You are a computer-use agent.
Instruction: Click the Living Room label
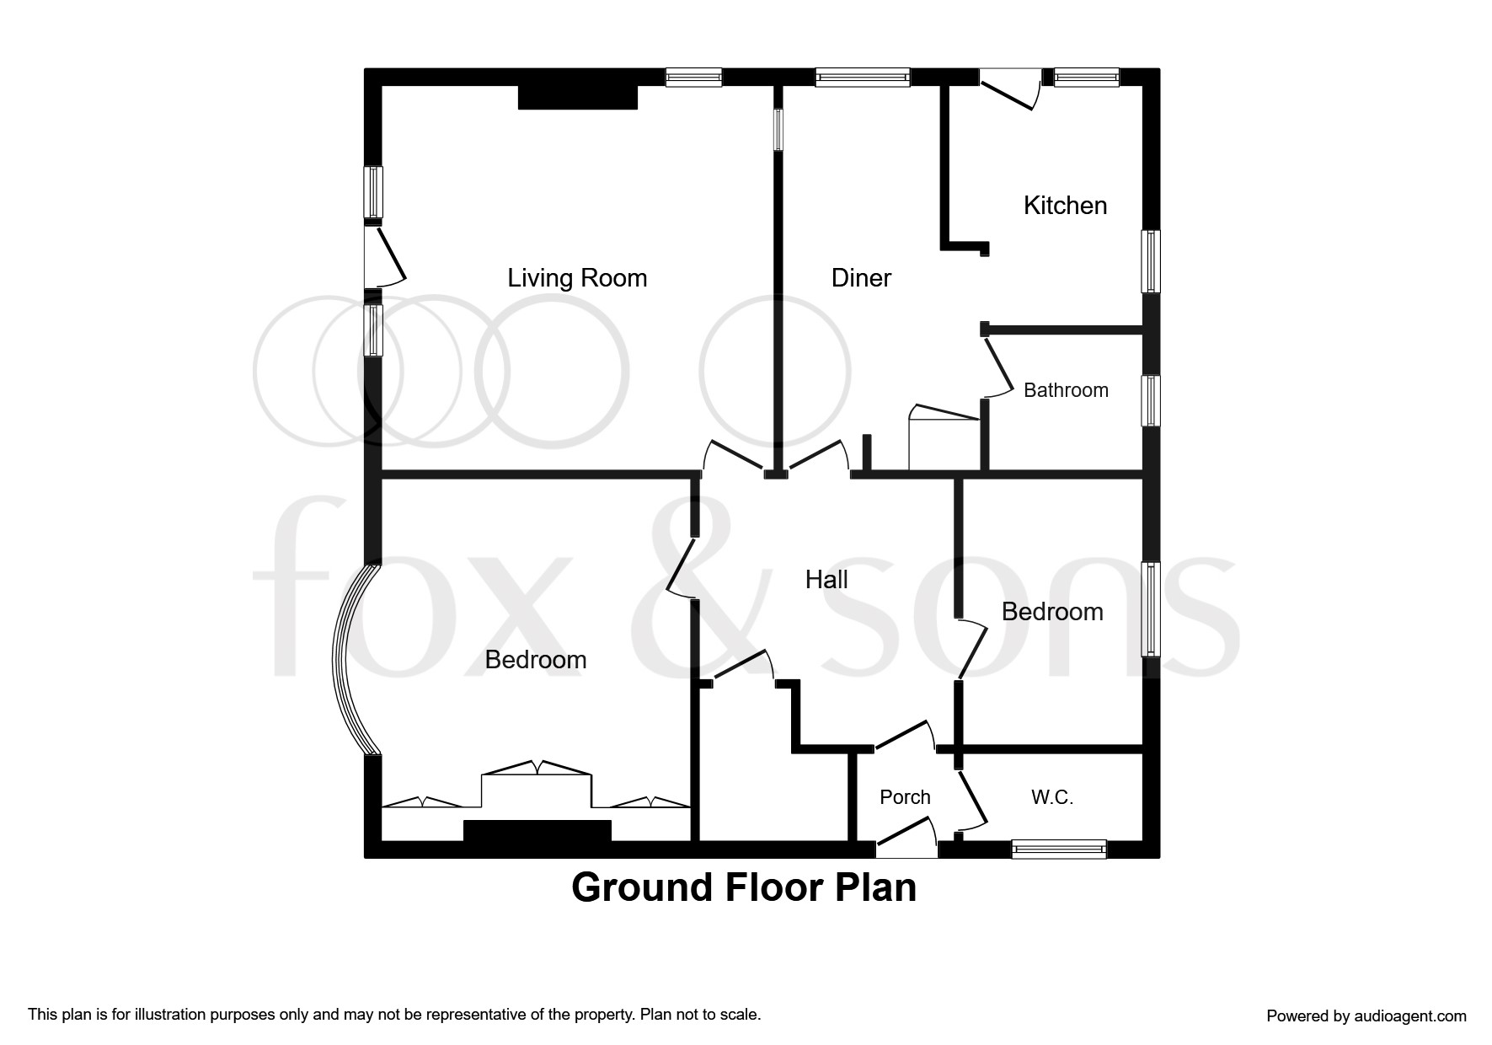click(x=577, y=278)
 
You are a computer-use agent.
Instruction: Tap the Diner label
click(x=861, y=278)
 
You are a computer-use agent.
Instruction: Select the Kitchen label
click(x=1065, y=206)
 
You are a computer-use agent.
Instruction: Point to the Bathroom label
click(x=1066, y=390)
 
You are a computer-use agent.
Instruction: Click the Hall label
click(x=826, y=580)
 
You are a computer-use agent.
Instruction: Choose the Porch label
click(x=905, y=797)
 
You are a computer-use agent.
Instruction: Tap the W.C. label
click(x=1052, y=797)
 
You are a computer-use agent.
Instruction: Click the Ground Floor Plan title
click(x=744, y=887)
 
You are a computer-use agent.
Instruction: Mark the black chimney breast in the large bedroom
click(x=537, y=830)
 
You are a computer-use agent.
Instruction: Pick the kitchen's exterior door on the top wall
click(x=1011, y=90)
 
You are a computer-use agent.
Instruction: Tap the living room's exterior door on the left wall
click(x=385, y=255)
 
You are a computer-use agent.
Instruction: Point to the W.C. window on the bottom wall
click(x=1058, y=849)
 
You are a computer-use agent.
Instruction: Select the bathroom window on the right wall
click(x=1151, y=401)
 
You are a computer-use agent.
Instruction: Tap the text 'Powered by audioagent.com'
click(x=1366, y=1016)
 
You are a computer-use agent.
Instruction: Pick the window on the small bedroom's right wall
click(x=1151, y=609)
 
